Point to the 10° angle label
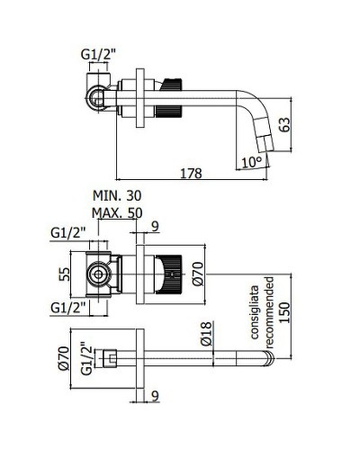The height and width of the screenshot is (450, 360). coord(253,162)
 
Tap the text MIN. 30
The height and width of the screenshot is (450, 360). coord(117,195)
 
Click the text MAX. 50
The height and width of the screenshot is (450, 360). coord(117,212)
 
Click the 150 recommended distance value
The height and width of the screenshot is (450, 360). coord(287,310)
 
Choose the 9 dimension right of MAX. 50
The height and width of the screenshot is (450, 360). coord(156,227)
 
